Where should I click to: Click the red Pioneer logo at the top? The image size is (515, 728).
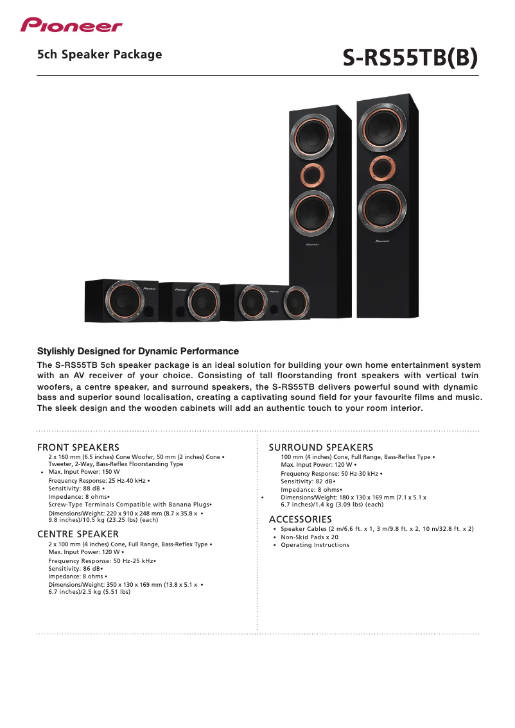pos(71,25)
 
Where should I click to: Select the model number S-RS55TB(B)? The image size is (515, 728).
pos(410,58)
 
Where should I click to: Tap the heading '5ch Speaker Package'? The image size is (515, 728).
pos(100,55)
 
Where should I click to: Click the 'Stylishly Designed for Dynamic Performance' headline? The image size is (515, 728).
pos(138,351)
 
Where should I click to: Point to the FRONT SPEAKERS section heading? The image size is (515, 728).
pos(78,447)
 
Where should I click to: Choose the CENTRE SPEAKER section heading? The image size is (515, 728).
pos(78,534)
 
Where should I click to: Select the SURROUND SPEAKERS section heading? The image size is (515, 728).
pos(321,447)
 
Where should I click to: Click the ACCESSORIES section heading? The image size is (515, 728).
pos(301,519)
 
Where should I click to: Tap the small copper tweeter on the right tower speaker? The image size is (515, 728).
pos(382,168)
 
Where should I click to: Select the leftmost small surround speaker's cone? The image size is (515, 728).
pos(123,301)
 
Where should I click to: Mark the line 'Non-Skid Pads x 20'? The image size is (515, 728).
pos(310,537)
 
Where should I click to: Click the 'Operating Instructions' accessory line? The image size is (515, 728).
pos(315,545)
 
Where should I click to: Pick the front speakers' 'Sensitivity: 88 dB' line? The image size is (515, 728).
pos(74,489)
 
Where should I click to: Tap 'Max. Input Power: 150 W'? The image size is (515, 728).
pos(84,472)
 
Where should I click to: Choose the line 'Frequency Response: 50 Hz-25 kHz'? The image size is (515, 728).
pos(101,561)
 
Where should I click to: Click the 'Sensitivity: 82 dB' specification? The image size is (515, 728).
pos(307,481)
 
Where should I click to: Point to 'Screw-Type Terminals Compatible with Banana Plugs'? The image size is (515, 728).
pos(129,505)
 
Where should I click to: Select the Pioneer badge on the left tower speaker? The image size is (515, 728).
pos(313,244)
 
